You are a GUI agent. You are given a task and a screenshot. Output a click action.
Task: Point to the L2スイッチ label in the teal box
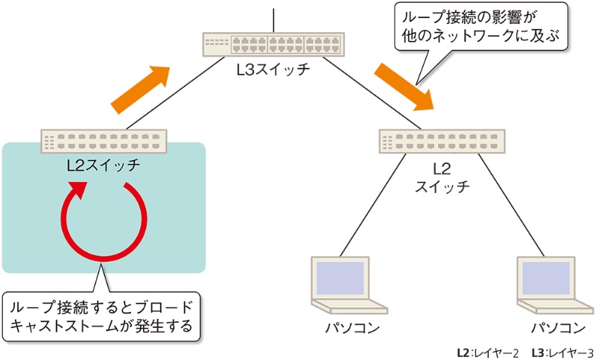point(103,165)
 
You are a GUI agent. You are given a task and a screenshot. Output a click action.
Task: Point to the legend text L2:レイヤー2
point(487,350)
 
